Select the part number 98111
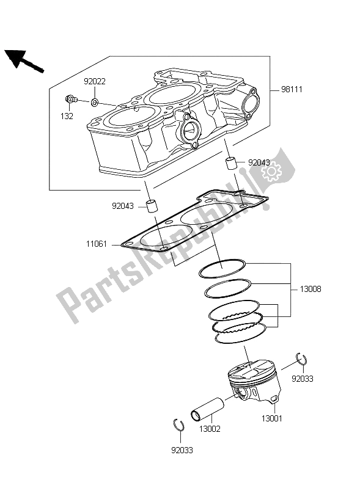pos(292,89)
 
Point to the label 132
pos(67,116)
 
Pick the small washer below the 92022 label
pos(95,101)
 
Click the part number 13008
pos(310,289)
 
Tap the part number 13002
pos(209,429)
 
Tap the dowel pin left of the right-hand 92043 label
pos(232,164)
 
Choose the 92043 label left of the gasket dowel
pos(123,206)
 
